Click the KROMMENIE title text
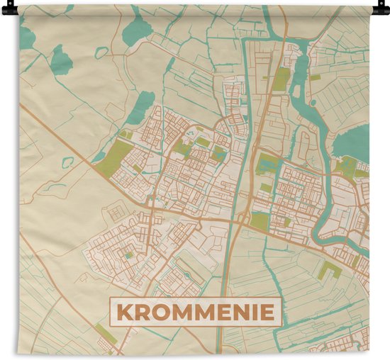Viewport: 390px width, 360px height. pyautogui.click(x=195, y=312)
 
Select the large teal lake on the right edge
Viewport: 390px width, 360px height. pyautogui.click(x=355, y=142)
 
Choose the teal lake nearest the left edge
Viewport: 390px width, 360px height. pyautogui.click(x=61, y=60)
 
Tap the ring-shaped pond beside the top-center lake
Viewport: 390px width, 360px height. pyautogui.click(x=102, y=52)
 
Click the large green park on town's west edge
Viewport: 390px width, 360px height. pyautogui.click(x=111, y=157)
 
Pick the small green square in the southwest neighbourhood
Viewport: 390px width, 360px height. pyautogui.click(x=128, y=256)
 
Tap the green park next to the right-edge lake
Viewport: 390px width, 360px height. pyautogui.click(x=347, y=167)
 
